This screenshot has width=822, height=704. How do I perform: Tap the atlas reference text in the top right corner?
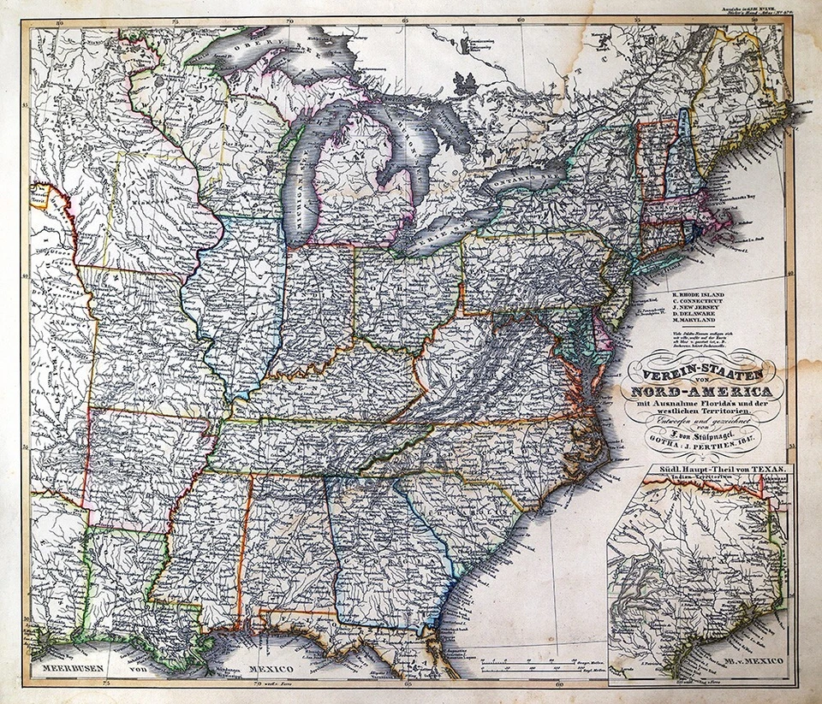[x=759, y=15]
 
